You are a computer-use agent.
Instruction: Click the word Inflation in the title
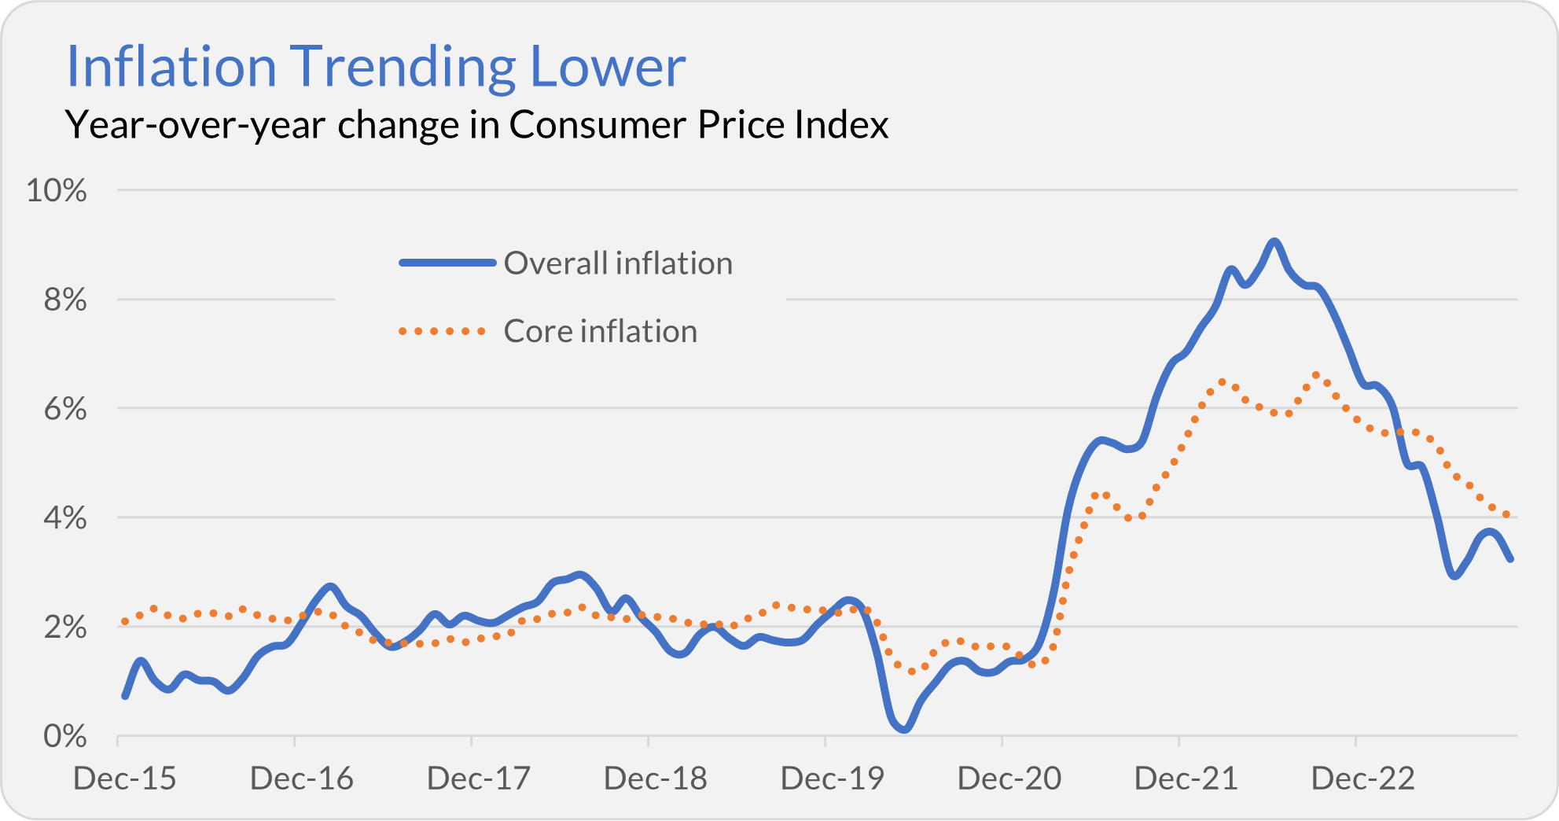pos(171,67)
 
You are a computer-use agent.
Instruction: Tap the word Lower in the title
pos(608,67)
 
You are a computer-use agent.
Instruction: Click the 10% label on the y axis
pos(57,190)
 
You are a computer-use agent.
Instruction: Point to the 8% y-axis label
pos(64,300)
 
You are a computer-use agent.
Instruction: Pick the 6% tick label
pos(64,409)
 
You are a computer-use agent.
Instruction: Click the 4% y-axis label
pos(64,518)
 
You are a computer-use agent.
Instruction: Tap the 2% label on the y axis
pos(64,628)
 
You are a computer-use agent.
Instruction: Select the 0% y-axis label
pos(64,737)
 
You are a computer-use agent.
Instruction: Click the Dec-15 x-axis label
pos(124,779)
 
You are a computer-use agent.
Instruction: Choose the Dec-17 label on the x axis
pos(478,779)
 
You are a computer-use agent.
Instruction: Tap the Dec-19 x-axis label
pos(832,779)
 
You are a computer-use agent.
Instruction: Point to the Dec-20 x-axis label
pos(1009,779)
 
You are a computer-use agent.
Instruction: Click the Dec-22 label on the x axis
pos(1362,779)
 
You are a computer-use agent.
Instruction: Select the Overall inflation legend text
pos(618,263)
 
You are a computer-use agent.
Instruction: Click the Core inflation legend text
pos(600,331)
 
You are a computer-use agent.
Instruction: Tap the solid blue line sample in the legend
pos(447,263)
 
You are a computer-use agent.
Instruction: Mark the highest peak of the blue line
pos(1274,241)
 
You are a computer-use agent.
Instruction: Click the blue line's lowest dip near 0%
pos(904,729)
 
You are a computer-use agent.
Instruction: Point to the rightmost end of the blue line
pos(1510,559)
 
